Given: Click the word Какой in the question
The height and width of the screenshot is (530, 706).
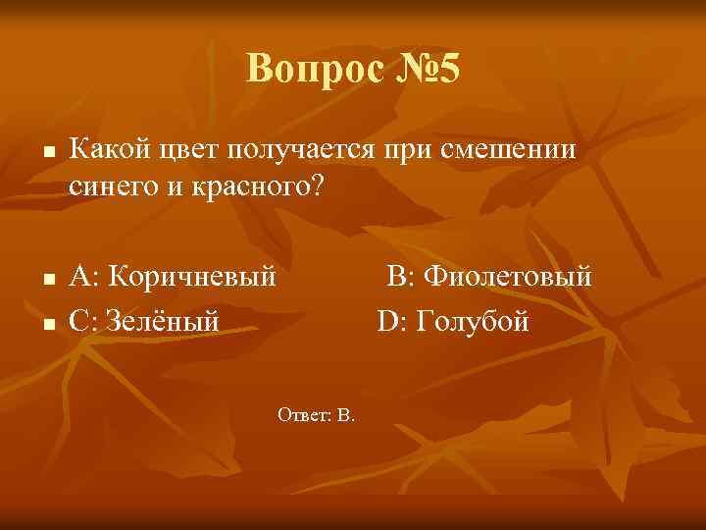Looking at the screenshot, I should tap(109, 151).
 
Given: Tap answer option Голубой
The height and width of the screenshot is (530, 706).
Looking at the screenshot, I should tap(473, 320).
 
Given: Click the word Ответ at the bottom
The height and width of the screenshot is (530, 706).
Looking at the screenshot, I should tap(303, 415).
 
